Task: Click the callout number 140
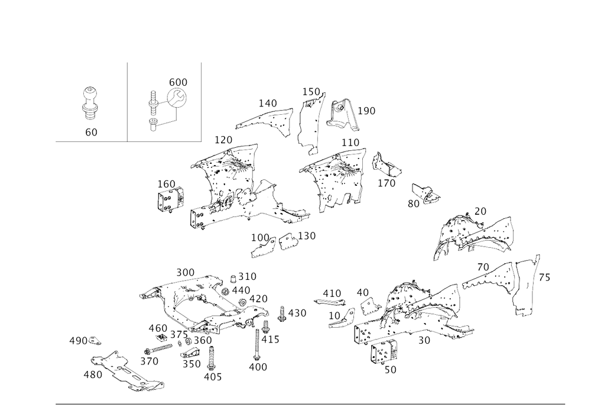pyautogui.click(x=269, y=104)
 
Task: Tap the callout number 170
pyautogui.click(x=223, y=140)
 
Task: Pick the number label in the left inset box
pyautogui.click(x=91, y=133)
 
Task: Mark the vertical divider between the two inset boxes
pyautogui.click(x=128, y=101)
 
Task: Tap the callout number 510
pyautogui.click(x=244, y=276)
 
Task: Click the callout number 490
pyautogui.click(x=258, y=367)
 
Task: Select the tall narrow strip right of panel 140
pyautogui.click(x=307, y=121)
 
